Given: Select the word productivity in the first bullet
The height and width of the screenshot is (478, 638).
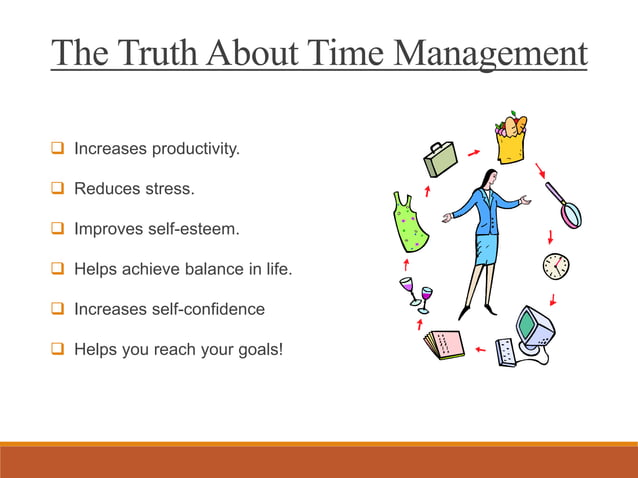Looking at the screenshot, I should pos(196,150).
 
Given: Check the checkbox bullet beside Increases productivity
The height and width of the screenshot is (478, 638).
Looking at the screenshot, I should pos(57,150).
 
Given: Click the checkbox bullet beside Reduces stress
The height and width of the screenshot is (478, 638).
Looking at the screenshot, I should pos(57,189).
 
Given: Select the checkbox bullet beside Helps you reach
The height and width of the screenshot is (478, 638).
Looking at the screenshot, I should pos(57,349).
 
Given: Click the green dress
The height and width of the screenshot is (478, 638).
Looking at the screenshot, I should pos(410,222).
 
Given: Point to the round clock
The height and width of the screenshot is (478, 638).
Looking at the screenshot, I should pos(556,266).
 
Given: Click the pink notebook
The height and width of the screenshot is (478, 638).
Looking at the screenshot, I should pos(443,345).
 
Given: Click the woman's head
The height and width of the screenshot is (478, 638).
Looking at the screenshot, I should pos(487,178).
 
